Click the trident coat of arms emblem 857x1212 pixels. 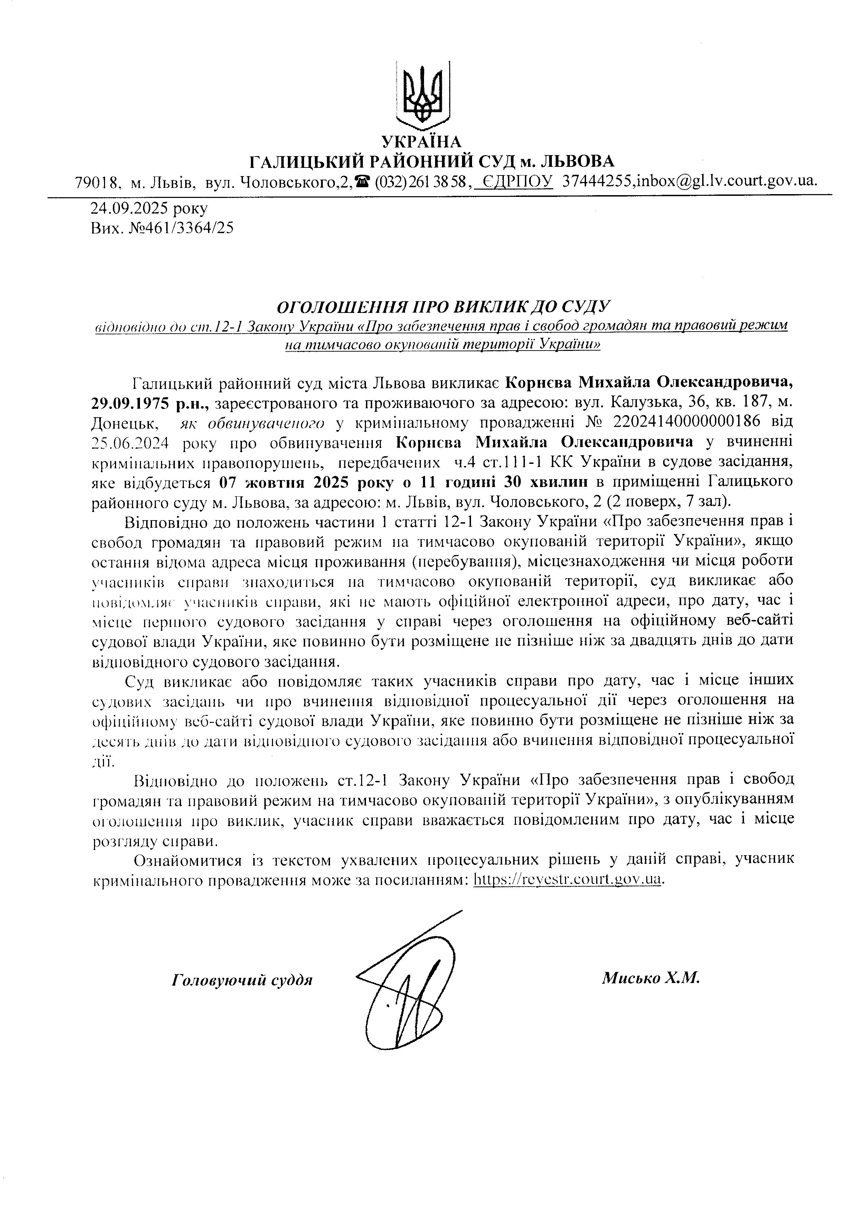(x=422, y=95)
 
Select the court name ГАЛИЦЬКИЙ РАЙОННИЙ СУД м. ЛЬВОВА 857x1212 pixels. (x=432, y=162)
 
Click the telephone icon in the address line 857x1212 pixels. (x=362, y=182)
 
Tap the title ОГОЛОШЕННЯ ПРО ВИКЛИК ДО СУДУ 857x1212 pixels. (x=444, y=306)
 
